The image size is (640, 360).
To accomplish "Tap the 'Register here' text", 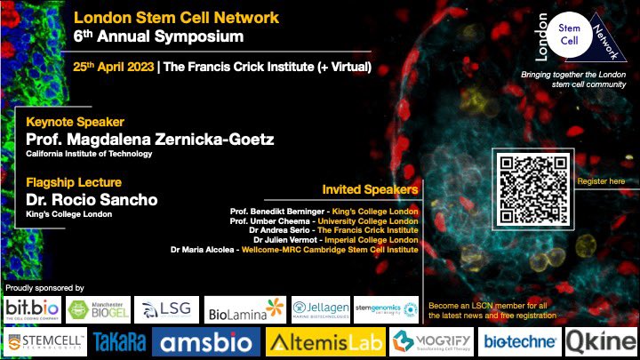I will point(602,181).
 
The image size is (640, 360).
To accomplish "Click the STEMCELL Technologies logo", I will point(45,341).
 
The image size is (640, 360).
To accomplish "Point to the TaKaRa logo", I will point(120,341).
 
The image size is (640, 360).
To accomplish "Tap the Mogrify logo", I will point(432,341).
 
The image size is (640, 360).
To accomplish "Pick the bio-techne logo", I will point(522,341).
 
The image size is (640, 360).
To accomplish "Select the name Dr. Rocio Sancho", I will point(92,200).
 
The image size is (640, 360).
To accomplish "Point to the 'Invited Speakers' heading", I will point(369,189).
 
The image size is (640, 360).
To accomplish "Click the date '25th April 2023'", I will point(112,68).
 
